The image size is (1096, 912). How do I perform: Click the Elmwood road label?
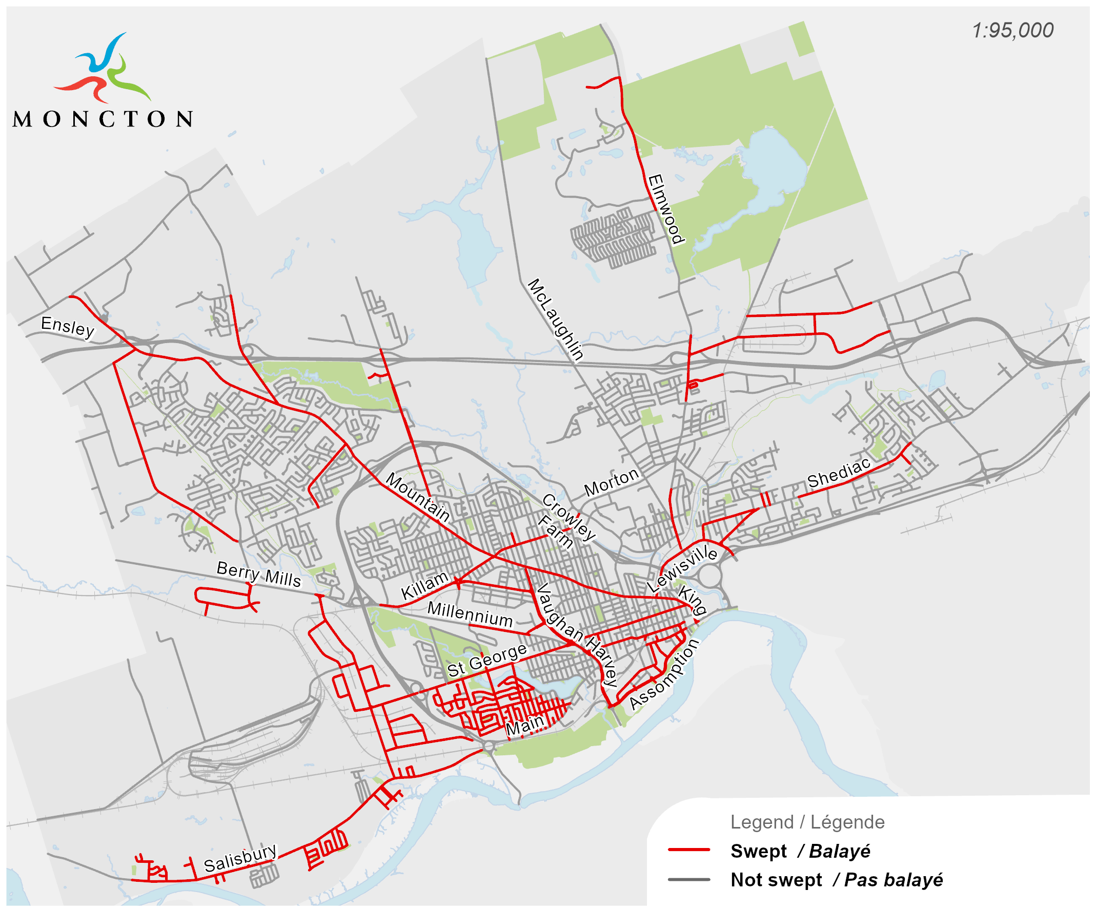[x=665, y=209]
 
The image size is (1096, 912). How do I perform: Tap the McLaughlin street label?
[x=555, y=320]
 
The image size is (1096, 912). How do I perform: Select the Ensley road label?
[x=68, y=327]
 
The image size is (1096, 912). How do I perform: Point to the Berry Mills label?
[x=259, y=574]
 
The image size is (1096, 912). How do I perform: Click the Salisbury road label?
[x=240, y=858]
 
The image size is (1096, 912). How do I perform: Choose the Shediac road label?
[x=839, y=473]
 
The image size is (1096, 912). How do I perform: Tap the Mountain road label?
[x=418, y=497]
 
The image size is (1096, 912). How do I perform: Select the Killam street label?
[x=425, y=585]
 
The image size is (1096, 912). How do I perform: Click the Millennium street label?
[x=470, y=614]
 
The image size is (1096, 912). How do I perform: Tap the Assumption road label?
[x=664, y=674]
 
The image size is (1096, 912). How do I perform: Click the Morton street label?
[x=611, y=482]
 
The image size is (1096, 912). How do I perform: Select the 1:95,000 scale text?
[x=1012, y=30]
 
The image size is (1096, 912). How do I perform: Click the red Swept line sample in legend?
[x=689, y=850]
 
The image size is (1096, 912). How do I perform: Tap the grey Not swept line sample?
[x=689, y=879]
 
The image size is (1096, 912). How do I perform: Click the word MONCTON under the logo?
[x=103, y=119]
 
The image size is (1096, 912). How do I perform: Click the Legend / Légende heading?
[x=807, y=822]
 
